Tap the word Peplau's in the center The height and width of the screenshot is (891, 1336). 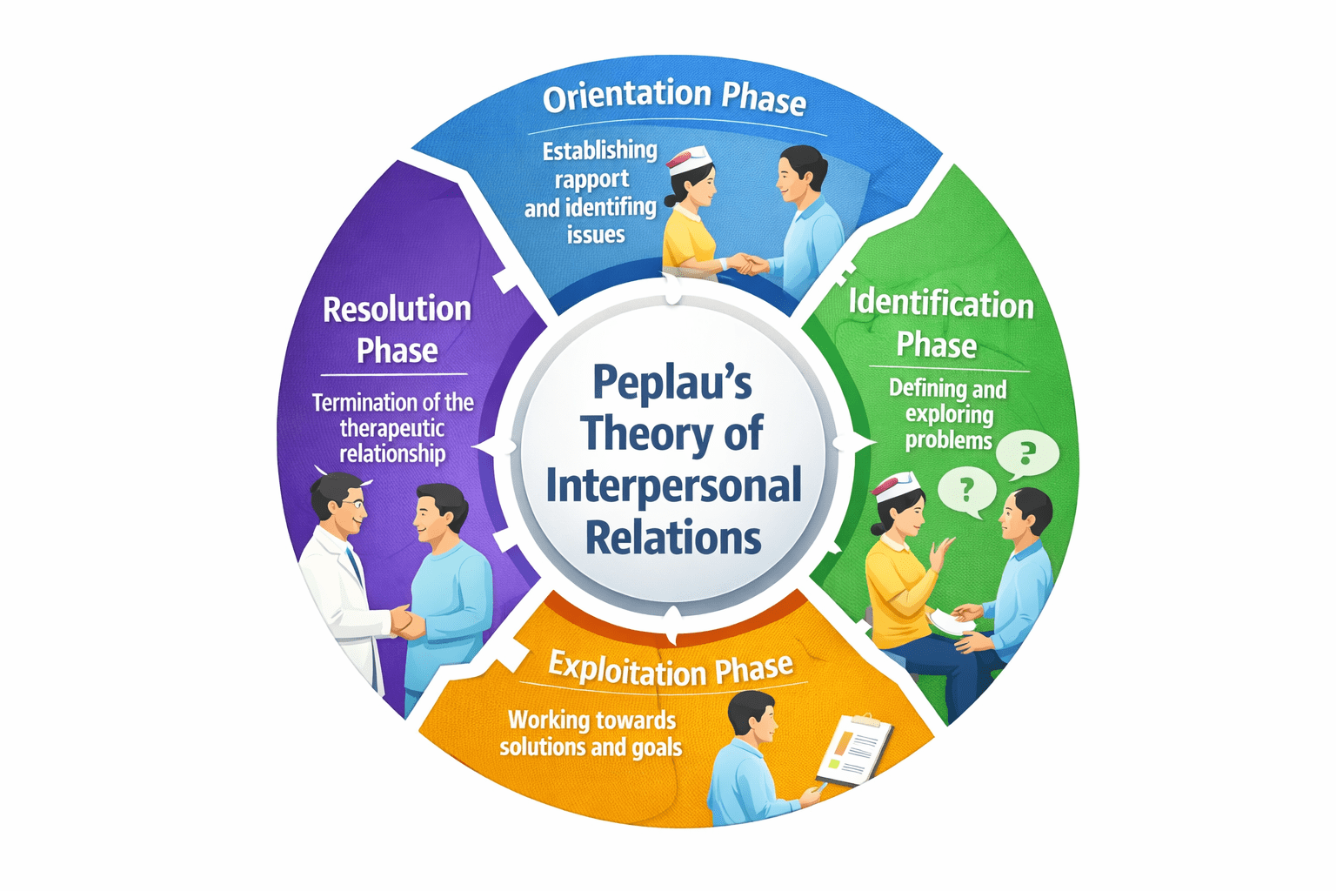671,383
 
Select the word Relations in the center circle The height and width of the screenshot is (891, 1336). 672,539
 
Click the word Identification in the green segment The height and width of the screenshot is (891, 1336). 941,304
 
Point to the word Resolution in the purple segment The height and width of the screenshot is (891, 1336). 397,310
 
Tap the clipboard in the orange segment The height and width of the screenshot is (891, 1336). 853,749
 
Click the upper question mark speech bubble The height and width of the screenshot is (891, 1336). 1027,453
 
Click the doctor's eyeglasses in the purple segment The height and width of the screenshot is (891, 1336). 352,503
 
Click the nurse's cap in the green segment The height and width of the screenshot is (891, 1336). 896,486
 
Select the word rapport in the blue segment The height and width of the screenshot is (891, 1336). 591,179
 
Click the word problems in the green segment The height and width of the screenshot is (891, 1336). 948,440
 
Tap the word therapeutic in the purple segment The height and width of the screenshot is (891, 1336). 391,428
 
